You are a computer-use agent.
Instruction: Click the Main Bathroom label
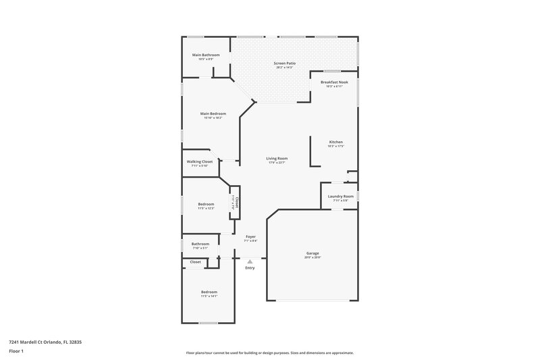(x=206, y=55)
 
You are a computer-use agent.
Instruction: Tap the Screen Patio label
(x=286, y=63)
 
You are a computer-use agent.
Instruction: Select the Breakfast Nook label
(x=335, y=82)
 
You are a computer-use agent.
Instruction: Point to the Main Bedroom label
(x=213, y=113)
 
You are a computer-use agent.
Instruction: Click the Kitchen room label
(x=335, y=142)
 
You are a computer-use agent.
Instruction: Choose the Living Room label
(x=277, y=158)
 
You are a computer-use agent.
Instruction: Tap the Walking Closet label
(x=200, y=161)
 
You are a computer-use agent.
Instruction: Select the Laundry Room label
(x=340, y=197)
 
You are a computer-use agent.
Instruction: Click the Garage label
(x=313, y=253)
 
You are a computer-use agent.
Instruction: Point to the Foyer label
(x=250, y=236)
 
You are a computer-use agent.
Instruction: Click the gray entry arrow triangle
(x=250, y=261)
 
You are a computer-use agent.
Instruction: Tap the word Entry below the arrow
(x=250, y=268)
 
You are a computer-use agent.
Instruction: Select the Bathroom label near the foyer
(x=200, y=244)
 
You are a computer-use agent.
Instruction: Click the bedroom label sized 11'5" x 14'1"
(x=209, y=292)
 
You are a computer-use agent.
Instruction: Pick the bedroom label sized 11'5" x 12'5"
(x=206, y=204)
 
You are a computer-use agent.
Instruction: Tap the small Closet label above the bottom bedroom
(x=195, y=261)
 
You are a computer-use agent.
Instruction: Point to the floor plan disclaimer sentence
(x=270, y=353)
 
